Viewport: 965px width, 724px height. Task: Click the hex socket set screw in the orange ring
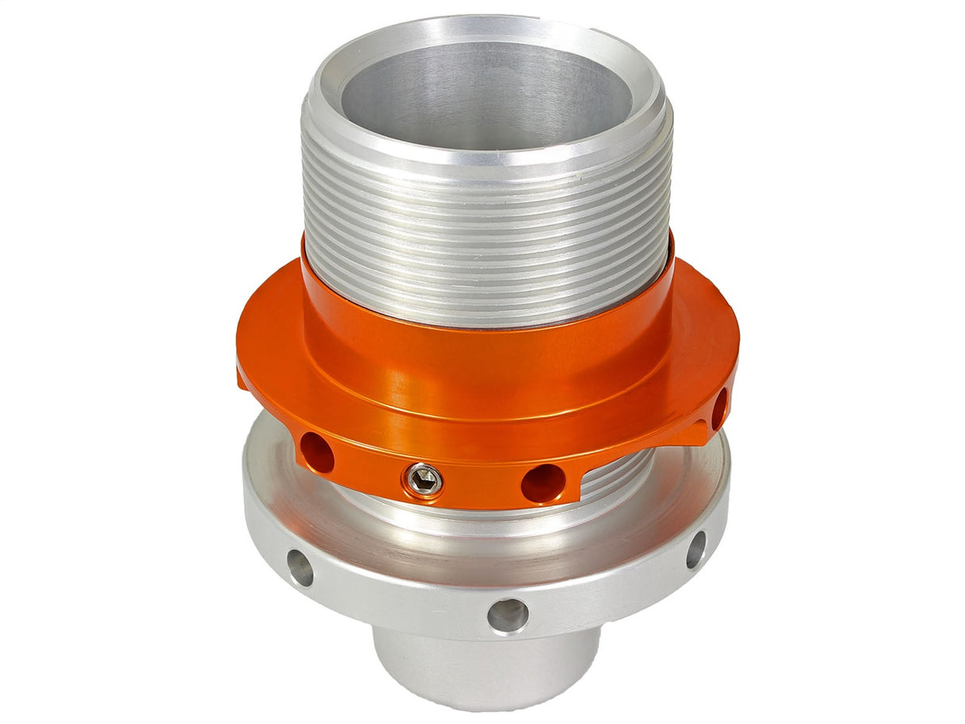[x=424, y=479]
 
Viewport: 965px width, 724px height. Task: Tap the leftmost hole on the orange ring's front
[x=316, y=452]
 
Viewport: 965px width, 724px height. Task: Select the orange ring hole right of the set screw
[x=543, y=482]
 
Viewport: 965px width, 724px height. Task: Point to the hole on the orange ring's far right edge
[x=719, y=408]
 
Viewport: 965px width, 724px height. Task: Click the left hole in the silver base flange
[x=300, y=567]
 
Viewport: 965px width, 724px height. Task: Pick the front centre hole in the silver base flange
[x=507, y=614]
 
